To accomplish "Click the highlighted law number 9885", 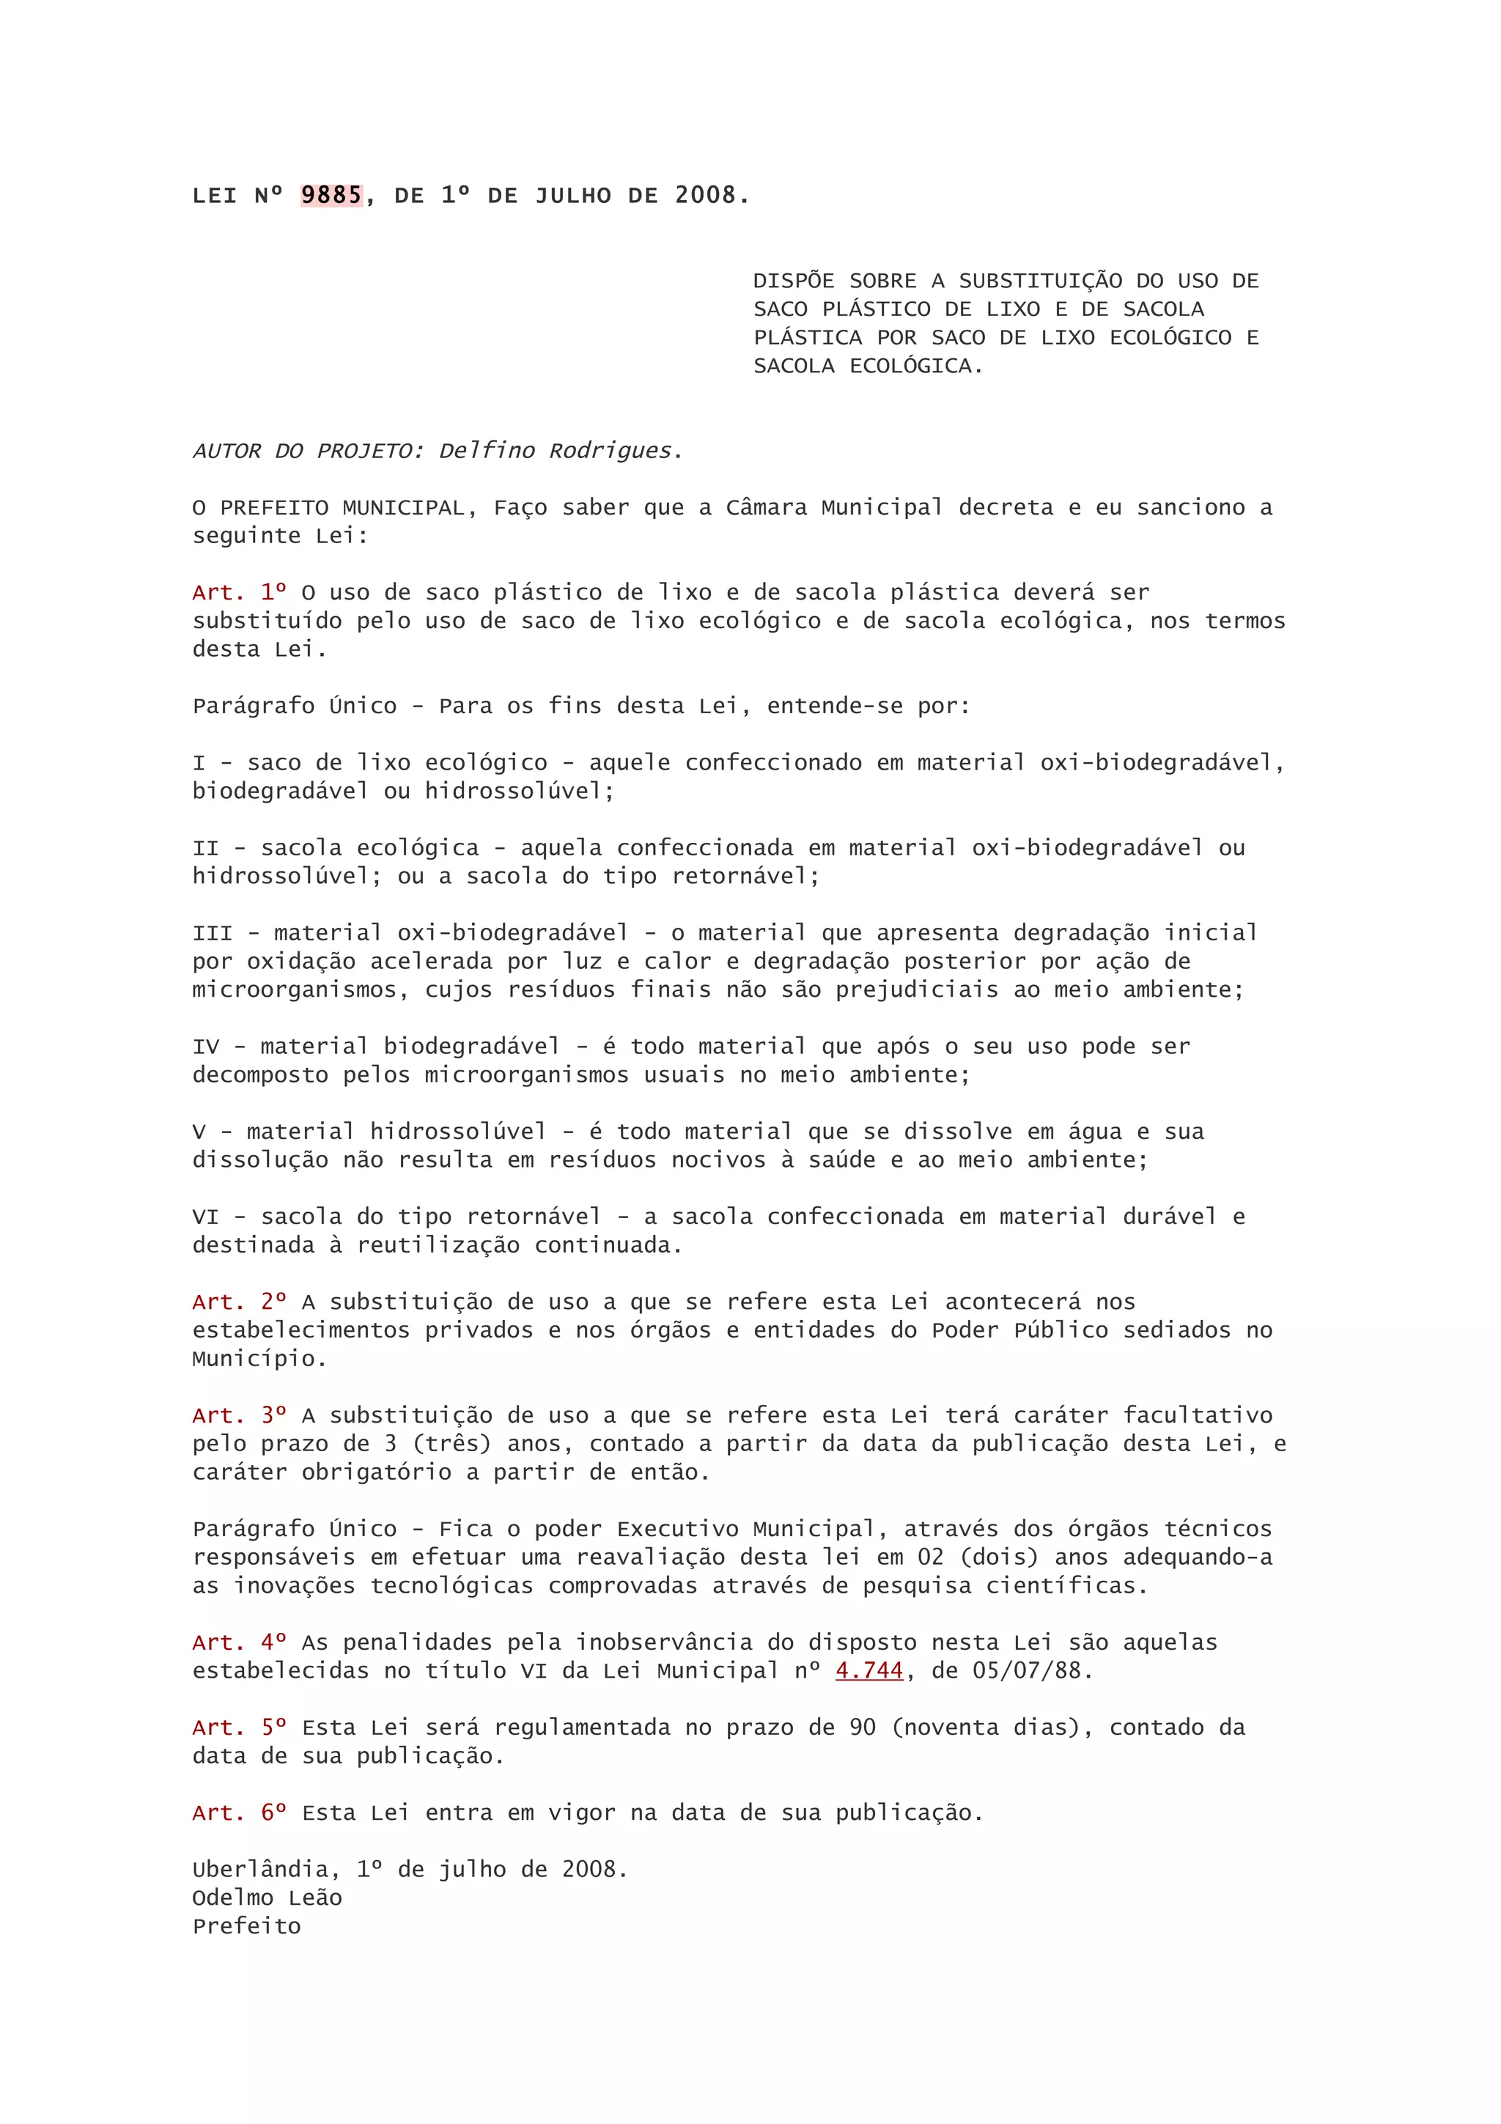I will tap(331, 195).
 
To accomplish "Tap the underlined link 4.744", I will tap(868, 1671).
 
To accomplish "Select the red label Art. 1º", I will tap(239, 592).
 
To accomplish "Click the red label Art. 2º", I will tap(239, 1302).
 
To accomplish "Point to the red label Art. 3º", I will tap(239, 1415).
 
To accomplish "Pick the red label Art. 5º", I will tap(239, 1727).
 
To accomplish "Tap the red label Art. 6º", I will tap(239, 1813).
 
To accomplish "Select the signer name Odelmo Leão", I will tap(268, 1898).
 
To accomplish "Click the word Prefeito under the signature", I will tap(246, 1926).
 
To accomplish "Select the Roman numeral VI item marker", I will tap(205, 1217).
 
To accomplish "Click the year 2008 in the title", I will tap(705, 195).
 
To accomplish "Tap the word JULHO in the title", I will tap(573, 195).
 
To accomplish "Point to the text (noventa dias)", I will tap(985, 1727).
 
